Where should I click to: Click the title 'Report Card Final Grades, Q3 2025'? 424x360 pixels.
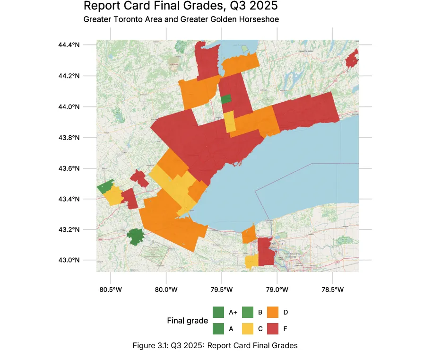pyautogui.click(x=180, y=7)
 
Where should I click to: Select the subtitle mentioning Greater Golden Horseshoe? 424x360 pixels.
pyautogui.click(x=181, y=20)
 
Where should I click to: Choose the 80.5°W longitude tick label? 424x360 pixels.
pyautogui.click(x=110, y=290)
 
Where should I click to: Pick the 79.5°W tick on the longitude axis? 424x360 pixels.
pyautogui.click(x=222, y=290)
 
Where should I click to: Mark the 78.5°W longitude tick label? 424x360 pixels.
pyautogui.click(x=333, y=290)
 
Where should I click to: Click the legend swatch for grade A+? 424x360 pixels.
pyautogui.click(x=218, y=312)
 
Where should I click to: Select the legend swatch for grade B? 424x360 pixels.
pyautogui.click(x=247, y=312)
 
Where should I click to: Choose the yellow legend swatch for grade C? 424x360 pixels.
pyautogui.click(x=247, y=328)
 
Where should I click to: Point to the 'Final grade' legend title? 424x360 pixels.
pyautogui.click(x=187, y=321)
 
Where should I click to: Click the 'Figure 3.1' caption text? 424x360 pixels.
pyautogui.click(x=215, y=346)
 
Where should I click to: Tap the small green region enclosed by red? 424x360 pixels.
pyautogui.click(x=226, y=99)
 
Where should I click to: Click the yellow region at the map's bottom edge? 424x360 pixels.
pyautogui.click(x=251, y=261)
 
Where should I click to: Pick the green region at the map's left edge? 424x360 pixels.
pyautogui.click(x=105, y=186)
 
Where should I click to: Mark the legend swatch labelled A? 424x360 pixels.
pyautogui.click(x=218, y=328)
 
